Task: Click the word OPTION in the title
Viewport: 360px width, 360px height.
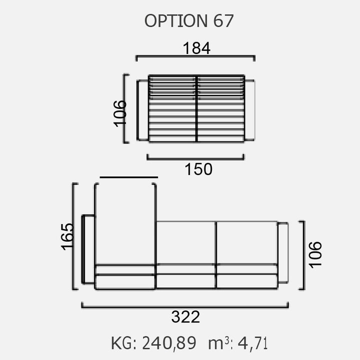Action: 175,21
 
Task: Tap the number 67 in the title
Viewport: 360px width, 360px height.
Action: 223,21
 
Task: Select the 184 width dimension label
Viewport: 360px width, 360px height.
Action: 196,48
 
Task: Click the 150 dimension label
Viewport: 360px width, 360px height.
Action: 198,169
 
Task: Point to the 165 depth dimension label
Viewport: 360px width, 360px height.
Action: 67,236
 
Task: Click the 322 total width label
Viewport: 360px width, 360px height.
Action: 185,317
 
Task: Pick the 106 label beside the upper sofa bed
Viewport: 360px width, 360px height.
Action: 120,113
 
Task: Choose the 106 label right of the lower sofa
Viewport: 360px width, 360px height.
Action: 315,254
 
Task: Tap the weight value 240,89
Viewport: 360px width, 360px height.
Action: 169,343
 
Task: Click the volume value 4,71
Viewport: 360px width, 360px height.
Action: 252,343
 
